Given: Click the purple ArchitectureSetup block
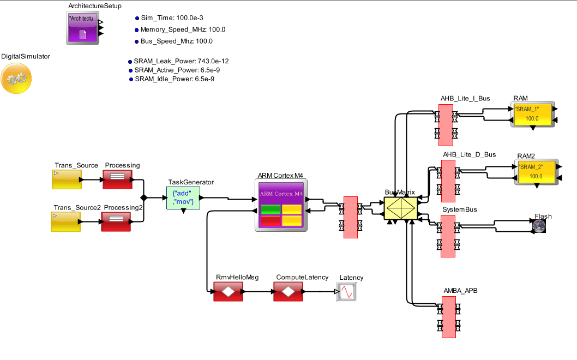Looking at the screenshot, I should coord(82,28).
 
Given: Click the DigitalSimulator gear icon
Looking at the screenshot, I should coord(16,78).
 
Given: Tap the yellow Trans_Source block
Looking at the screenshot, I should coord(67,179).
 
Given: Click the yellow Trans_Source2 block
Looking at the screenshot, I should coord(67,221).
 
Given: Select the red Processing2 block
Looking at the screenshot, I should coord(116,221).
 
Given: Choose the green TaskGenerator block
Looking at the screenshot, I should coord(183,197).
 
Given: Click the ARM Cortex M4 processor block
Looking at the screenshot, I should coord(280,205).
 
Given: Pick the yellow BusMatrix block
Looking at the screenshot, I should coord(400,208).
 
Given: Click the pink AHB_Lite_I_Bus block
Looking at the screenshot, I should coord(446,124).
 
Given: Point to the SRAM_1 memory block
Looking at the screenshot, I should coord(532,113).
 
